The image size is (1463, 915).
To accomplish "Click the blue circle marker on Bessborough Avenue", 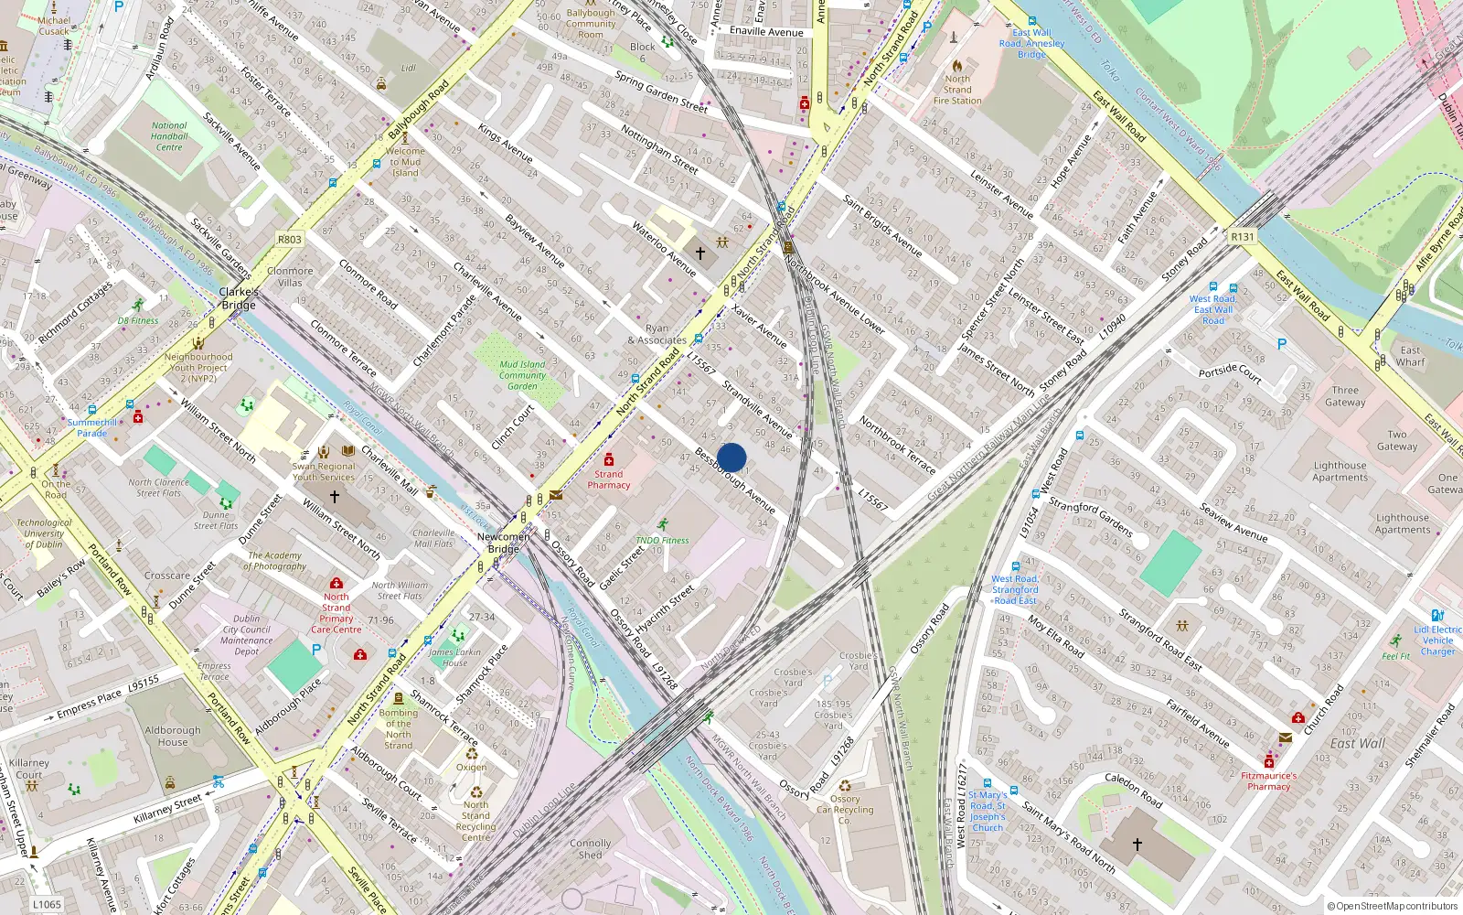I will click(x=731, y=457).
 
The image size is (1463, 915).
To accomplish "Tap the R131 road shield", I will click(x=1243, y=236).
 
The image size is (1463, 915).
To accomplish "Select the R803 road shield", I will click(x=289, y=240).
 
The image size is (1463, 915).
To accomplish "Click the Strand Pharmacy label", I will click(x=609, y=479).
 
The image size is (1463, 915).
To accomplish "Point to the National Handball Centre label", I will click(x=169, y=136).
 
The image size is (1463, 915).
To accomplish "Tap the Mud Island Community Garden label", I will click(x=522, y=375).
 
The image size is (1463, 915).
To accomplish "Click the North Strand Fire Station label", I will click(x=957, y=90).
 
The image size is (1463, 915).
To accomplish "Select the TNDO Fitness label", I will click(x=663, y=540).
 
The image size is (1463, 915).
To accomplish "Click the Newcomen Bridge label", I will click(x=503, y=543).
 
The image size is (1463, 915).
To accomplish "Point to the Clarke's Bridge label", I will click(x=239, y=298).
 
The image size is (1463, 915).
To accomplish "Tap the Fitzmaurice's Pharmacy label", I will click(x=1269, y=780).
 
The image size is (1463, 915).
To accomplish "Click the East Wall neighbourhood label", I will click(x=1358, y=743).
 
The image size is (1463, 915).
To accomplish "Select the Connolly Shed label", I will click(x=590, y=848).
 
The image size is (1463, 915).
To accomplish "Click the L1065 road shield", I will click(x=47, y=904).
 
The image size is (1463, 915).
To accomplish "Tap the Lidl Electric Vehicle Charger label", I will click(x=1437, y=640).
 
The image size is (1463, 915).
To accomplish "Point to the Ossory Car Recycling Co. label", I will click(x=845, y=809).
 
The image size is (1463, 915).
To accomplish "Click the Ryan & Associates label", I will click(x=657, y=334).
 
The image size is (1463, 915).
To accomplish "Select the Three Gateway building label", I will click(x=1345, y=396).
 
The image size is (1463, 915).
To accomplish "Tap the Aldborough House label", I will click(x=172, y=736).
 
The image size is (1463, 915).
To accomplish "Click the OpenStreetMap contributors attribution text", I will click(x=1393, y=906).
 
